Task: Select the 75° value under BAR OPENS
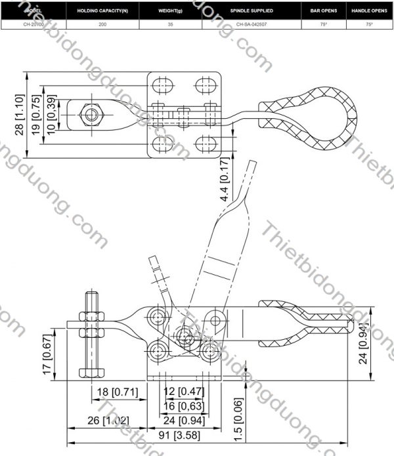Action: pyautogui.click(x=324, y=24)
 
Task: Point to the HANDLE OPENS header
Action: pyautogui.click(x=368, y=12)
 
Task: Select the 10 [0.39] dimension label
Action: pyautogui.click(x=53, y=115)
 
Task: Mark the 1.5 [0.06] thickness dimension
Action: pyautogui.click(x=239, y=421)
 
